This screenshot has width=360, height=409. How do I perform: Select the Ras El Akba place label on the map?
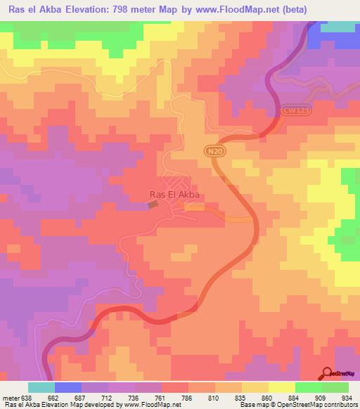coord(174,195)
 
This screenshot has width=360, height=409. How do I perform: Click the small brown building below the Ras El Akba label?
coord(153,204)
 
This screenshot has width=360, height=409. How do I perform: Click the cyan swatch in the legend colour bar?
coord(41,387)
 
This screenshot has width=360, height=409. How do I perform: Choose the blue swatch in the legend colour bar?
coord(67,387)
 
